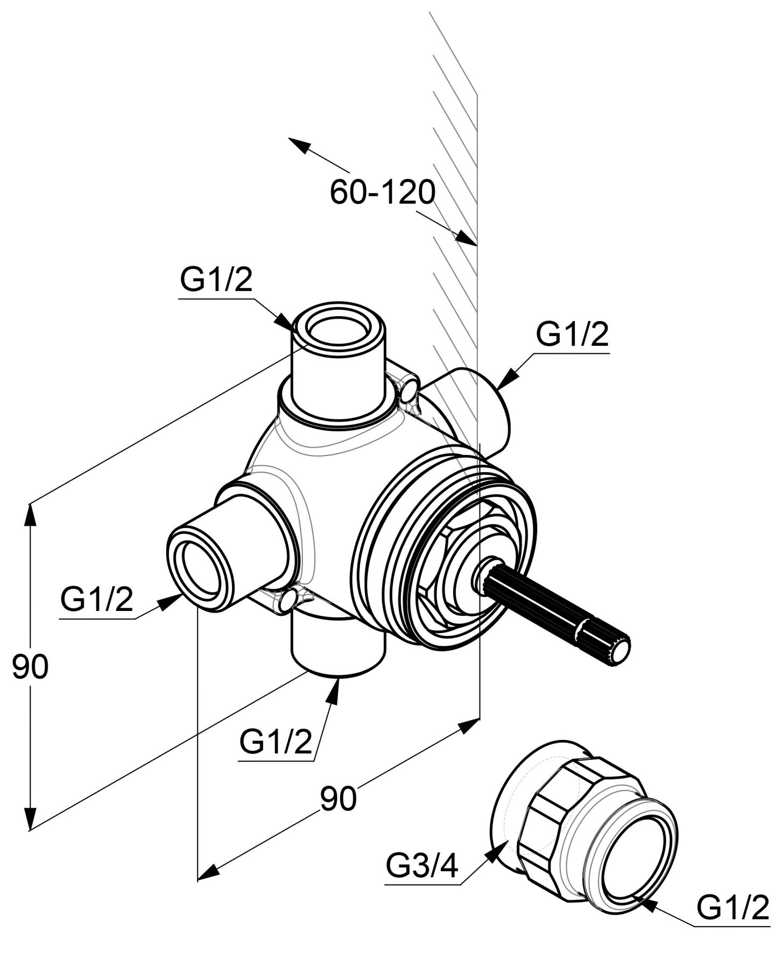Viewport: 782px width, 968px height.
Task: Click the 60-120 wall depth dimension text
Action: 382,192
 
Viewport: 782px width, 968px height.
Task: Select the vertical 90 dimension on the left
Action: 30,667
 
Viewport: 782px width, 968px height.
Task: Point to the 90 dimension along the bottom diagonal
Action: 339,798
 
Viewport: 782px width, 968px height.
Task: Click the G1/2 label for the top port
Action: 216,281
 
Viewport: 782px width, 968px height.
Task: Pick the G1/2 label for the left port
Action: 96,600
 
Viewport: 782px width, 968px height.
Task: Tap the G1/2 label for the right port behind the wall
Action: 572,335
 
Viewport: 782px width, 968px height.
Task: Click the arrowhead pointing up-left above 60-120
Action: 299,145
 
